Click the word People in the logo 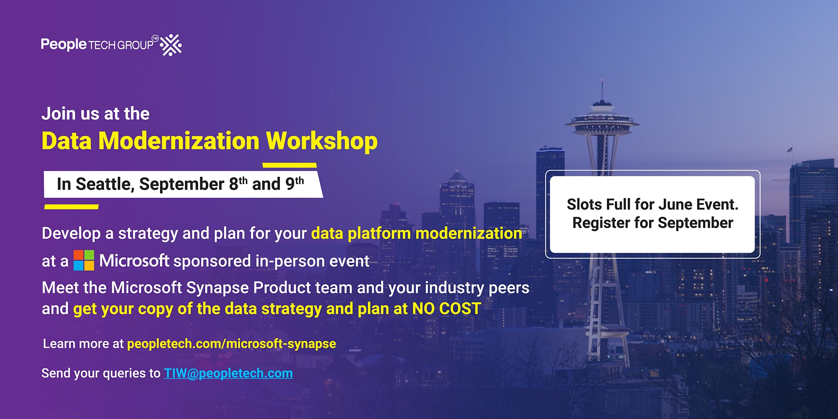click(64, 44)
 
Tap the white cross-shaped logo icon click(171, 45)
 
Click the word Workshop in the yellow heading click(322, 141)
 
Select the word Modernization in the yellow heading click(179, 141)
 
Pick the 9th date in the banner click(295, 184)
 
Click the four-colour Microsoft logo click(84, 260)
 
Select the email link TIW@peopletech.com click(228, 373)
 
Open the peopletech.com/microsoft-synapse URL click(231, 344)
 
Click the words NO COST click(447, 309)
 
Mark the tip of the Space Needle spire click(602, 79)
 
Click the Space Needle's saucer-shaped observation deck click(602, 124)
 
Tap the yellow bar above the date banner click(290, 165)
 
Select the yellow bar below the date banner click(71, 207)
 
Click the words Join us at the click(96, 114)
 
